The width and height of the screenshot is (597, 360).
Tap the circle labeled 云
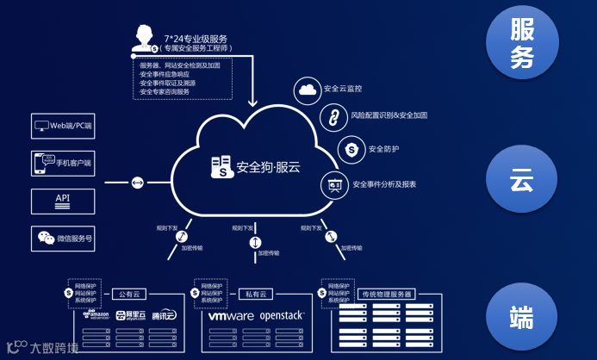pyautogui.click(x=522, y=181)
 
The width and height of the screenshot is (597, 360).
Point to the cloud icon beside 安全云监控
pyautogui.click(x=308, y=89)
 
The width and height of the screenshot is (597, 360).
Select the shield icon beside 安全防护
pyautogui.click(x=351, y=149)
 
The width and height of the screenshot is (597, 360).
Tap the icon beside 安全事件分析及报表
pyautogui.click(x=334, y=184)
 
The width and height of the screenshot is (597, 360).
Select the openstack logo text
pyautogui.click(x=282, y=316)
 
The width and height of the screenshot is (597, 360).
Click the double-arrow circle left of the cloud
pyautogui.click(x=138, y=183)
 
